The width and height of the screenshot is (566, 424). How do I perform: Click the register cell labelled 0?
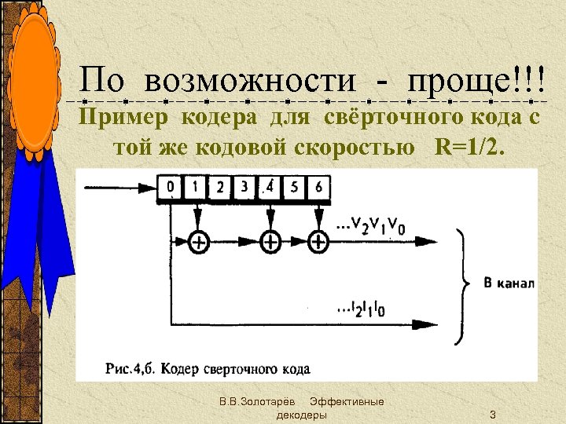(171, 188)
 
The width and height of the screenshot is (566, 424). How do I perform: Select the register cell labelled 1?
(195, 188)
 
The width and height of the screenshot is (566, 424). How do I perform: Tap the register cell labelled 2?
(220, 188)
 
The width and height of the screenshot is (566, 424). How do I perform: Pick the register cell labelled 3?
(244, 188)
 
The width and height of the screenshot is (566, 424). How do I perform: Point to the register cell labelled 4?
(270, 188)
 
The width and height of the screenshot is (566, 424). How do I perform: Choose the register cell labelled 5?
(294, 188)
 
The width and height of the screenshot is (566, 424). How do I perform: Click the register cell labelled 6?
(318, 188)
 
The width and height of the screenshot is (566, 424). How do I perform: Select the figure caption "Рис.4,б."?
(127, 368)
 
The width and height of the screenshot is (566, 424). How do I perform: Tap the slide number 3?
(492, 414)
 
